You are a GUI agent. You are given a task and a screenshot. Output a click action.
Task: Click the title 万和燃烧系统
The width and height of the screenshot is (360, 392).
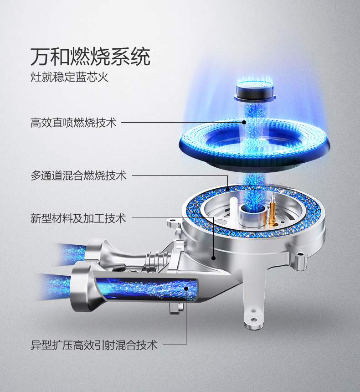pos(90,57)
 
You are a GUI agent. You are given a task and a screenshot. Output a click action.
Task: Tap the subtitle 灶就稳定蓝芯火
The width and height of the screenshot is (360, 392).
pos(70,77)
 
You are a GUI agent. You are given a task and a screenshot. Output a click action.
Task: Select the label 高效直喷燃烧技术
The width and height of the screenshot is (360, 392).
pos(73,123)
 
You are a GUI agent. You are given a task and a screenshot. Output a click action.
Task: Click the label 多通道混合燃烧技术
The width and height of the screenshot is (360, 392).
pos(78,175)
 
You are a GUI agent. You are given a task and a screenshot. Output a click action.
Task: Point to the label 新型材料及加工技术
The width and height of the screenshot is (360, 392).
pos(78,218)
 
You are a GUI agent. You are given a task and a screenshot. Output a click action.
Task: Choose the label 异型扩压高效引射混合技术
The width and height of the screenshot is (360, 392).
pos(94,345)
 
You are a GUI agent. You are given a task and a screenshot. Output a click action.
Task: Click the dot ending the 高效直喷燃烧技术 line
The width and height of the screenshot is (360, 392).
pos(244,122)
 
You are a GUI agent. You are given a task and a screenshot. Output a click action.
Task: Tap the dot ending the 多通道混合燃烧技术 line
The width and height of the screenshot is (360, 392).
pos(227,189)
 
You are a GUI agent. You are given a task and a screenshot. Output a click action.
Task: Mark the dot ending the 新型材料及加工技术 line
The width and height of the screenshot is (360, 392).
pos(213,258)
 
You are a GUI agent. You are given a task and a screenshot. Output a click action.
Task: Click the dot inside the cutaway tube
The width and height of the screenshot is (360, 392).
pos(186,289)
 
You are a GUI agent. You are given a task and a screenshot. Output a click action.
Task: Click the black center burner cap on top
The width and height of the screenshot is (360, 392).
pos(255,92)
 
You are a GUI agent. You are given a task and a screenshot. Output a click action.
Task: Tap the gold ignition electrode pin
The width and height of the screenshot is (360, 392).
pos(272,210)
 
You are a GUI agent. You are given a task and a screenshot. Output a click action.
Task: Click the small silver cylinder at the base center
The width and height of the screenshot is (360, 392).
pos(252,216)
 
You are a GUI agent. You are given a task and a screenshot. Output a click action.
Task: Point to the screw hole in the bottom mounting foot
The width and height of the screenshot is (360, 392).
pos(253,320)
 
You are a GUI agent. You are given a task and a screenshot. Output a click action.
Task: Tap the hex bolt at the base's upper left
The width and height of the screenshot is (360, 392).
pos(173,221)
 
